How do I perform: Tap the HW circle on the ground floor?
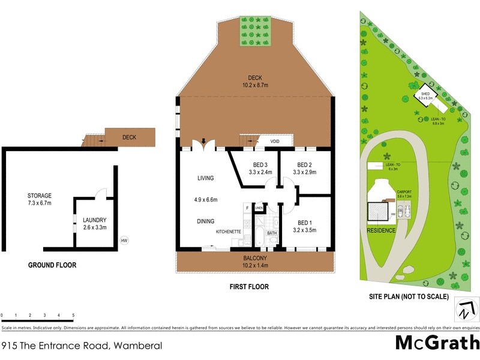(124, 241)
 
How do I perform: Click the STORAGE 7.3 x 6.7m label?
(39, 199)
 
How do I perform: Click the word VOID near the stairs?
(275, 142)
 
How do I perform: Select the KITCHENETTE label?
(229, 231)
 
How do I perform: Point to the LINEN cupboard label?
(260, 208)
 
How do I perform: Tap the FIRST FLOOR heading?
(249, 287)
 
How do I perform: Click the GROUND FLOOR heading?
(52, 265)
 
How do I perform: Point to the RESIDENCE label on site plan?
(381, 230)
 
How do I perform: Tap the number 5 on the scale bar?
(73, 315)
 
